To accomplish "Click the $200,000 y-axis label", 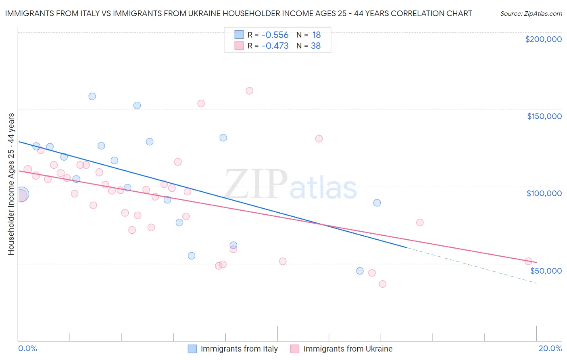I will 543,39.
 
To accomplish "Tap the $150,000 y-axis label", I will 544,116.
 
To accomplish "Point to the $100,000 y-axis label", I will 544,193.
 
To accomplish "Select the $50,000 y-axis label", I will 546,271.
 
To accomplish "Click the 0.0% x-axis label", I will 27,348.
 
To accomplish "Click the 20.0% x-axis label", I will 550,348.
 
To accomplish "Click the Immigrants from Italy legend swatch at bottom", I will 192,349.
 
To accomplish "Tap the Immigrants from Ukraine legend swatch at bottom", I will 295,349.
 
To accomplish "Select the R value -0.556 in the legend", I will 275,35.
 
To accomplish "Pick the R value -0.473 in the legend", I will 275,46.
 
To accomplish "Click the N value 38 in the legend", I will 316,46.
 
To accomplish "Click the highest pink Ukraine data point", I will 249,91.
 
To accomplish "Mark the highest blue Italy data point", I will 92,96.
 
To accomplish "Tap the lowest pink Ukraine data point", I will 382,284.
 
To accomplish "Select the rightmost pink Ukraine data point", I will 528,261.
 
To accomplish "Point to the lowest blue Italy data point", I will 360,271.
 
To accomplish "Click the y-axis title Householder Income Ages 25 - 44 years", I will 11,184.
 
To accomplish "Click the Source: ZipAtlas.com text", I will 531,14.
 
